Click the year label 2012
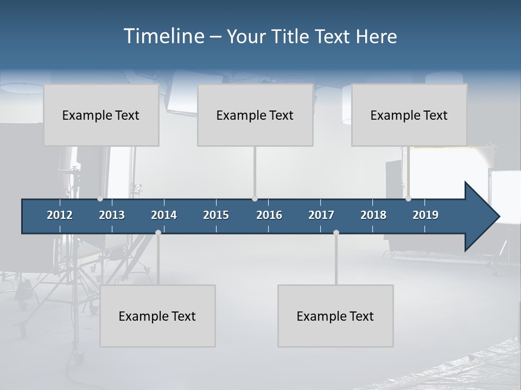pyautogui.click(x=60, y=215)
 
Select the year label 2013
pyautogui.click(x=112, y=215)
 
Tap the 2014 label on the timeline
pyautogui.click(x=164, y=215)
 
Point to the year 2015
pyautogui.click(x=216, y=215)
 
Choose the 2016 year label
pyautogui.click(x=269, y=215)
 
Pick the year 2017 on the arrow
pyautogui.click(x=321, y=215)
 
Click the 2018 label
pyautogui.click(x=373, y=215)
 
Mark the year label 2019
pyautogui.click(x=425, y=215)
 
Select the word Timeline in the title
pyautogui.click(x=163, y=36)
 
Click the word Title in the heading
pyautogui.click(x=291, y=37)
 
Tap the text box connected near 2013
pyautogui.click(x=101, y=115)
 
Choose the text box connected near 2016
pyautogui.click(x=255, y=115)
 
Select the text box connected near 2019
pyautogui.click(x=409, y=115)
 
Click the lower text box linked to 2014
pyautogui.click(x=157, y=316)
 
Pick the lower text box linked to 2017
pyautogui.click(x=335, y=316)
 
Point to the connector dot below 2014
pyautogui.click(x=158, y=232)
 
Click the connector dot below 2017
pyautogui.click(x=336, y=232)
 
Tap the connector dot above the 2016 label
pyautogui.click(x=255, y=198)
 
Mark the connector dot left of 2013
pyautogui.click(x=100, y=198)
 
